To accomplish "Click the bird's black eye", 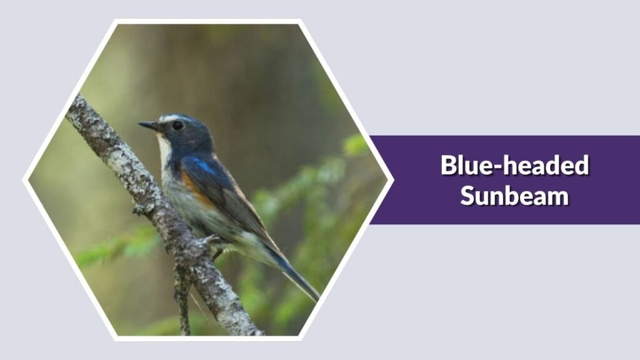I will [x=177, y=125].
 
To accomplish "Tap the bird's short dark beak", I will [x=149, y=126].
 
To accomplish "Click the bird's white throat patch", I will [x=164, y=150].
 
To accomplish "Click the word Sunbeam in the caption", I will [x=514, y=195].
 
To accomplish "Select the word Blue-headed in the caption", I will [x=514, y=166].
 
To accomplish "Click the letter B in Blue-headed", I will [x=449, y=166].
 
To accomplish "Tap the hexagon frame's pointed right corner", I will [x=391, y=180].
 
